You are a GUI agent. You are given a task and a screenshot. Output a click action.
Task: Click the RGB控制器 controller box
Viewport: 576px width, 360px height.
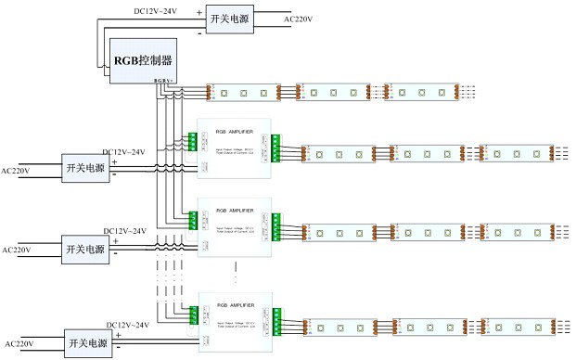pos(144,61)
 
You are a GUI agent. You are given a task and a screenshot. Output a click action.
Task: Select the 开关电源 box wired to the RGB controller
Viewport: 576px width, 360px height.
pos(228,19)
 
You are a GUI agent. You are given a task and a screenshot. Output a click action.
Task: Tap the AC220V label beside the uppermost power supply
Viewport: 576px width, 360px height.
pos(298,18)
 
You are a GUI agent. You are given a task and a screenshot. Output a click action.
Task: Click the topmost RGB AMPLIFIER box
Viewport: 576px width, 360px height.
pos(235,141)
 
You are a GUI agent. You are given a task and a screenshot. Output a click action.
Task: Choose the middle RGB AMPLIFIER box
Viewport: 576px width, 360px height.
pos(235,220)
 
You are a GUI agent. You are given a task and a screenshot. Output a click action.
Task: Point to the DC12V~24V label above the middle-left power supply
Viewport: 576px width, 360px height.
pos(124,230)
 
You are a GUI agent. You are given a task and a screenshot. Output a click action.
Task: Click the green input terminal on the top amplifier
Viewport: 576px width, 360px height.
pos(193,141)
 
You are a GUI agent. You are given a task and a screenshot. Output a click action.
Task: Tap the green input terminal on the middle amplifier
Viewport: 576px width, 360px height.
pos(193,221)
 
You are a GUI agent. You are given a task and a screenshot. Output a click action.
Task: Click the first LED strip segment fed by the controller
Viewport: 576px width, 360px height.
pos(249,93)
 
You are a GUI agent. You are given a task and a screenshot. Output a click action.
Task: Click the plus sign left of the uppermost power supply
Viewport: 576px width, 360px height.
pos(198,13)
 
